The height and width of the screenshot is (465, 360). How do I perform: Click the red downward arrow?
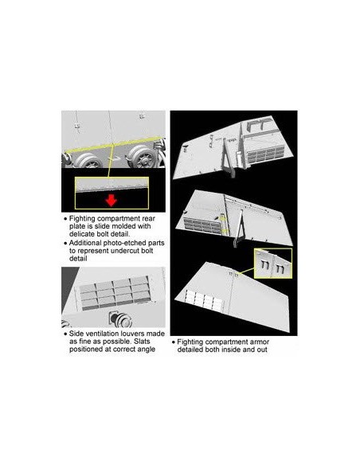point(111,200)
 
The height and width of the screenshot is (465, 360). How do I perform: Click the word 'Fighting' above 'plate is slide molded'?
point(82,219)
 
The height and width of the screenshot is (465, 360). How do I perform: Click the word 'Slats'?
point(142,342)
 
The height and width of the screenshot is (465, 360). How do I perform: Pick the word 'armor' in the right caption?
point(259,342)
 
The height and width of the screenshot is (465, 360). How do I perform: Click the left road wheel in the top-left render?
point(88,160)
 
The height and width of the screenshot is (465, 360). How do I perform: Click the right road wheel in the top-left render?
point(143,156)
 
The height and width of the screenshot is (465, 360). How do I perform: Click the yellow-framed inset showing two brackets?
point(273,264)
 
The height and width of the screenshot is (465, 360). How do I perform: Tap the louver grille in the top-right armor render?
point(264,154)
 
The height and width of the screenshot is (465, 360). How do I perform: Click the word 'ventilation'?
point(102,334)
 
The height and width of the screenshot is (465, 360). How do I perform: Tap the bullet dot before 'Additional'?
point(65,243)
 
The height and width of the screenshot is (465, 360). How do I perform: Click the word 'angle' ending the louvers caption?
point(147,350)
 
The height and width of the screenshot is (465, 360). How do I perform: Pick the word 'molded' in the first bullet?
point(125,226)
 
